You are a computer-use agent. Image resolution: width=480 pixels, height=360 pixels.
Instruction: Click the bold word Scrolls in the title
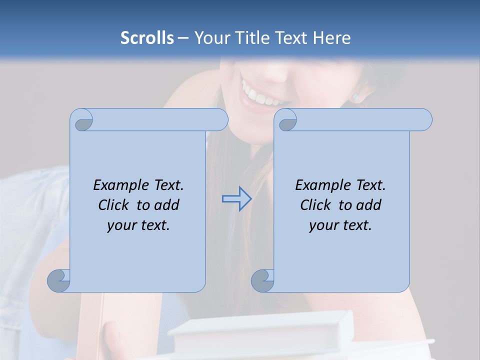tap(147, 38)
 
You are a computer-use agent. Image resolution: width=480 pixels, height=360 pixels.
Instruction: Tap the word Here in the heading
tap(332, 38)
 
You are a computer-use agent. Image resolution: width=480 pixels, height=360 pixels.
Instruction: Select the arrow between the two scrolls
tap(236, 199)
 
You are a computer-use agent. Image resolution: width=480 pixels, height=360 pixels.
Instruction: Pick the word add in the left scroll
tap(167, 205)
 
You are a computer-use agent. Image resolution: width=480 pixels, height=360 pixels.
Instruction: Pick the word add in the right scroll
tap(369, 205)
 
